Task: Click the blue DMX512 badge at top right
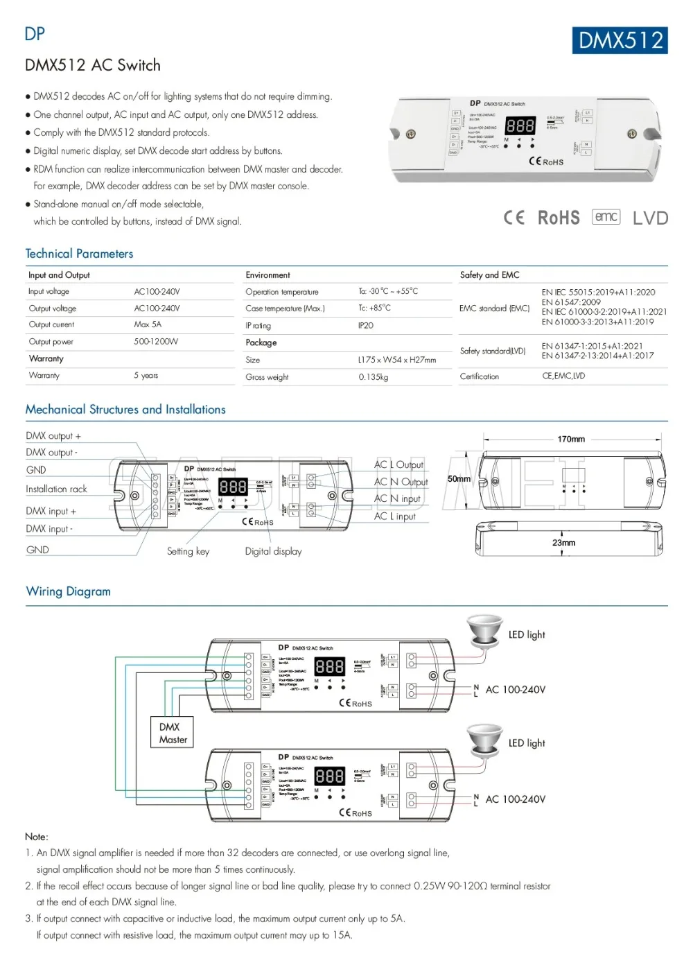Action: [x=620, y=40]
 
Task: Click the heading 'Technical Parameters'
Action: [x=79, y=254]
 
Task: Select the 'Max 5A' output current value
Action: [x=148, y=324]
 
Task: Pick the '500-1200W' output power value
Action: [x=156, y=342]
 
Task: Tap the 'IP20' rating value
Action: [x=366, y=325]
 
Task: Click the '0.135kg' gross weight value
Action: [x=374, y=377]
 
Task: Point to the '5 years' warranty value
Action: [x=146, y=376]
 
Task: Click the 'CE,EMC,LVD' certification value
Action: [x=563, y=376]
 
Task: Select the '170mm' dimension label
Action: [x=571, y=439]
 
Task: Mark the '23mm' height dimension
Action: [x=563, y=543]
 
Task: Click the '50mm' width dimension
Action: [x=459, y=479]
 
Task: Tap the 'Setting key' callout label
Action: [x=188, y=552]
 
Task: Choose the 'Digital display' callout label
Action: [x=273, y=552]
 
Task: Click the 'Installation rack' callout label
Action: [x=56, y=489]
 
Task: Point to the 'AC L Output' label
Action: [x=398, y=465]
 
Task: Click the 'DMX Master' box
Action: [x=173, y=733]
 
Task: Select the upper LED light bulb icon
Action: [x=484, y=629]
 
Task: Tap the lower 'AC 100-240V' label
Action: [x=515, y=799]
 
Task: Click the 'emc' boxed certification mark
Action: [x=606, y=217]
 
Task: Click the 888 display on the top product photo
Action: [x=520, y=125]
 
